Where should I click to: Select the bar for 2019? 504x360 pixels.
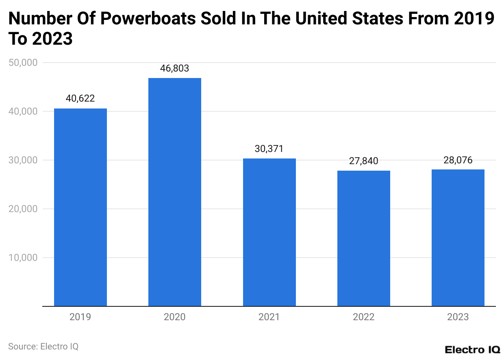tap(80, 207)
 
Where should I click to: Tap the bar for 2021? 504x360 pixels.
tap(269, 232)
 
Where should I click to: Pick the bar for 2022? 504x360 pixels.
tap(364, 238)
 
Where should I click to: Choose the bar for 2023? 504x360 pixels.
tap(458, 238)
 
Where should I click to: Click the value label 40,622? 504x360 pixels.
tap(80, 99)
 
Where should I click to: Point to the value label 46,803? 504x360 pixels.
tap(175, 68)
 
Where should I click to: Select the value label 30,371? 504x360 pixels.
tap(269, 149)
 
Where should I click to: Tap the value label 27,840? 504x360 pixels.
tap(364, 161)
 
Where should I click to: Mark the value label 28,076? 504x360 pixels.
tap(458, 160)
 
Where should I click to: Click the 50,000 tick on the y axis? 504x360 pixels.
tap(23, 63)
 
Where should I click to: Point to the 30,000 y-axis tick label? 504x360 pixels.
tap(23, 160)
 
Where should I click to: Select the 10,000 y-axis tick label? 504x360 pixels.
tap(23, 258)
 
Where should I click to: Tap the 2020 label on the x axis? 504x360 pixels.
tap(175, 317)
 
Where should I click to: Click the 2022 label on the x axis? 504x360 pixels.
tap(364, 317)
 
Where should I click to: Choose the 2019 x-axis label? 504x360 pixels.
tap(80, 317)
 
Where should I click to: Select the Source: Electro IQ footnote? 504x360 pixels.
tap(43, 347)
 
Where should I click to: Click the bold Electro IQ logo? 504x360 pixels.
tap(472, 349)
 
